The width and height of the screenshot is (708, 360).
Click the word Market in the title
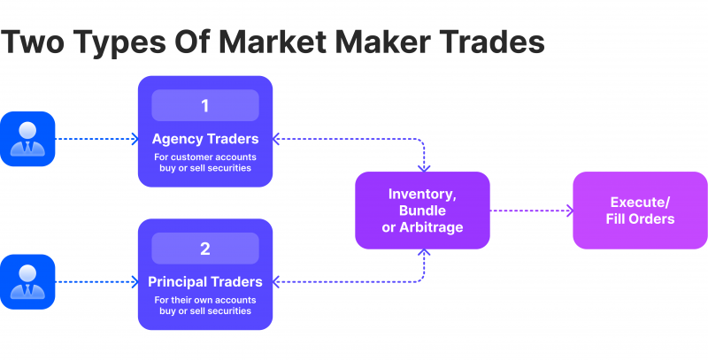click(x=273, y=42)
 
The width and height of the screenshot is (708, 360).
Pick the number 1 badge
click(x=205, y=105)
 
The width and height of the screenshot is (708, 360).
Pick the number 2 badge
click(x=205, y=249)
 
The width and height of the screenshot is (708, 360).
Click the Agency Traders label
click(x=205, y=139)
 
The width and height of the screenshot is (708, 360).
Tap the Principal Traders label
click(x=205, y=282)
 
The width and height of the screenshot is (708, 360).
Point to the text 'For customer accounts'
click(x=205, y=157)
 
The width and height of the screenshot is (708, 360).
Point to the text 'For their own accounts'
click(x=205, y=300)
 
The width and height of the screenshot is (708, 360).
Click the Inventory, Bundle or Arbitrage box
click(x=423, y=211)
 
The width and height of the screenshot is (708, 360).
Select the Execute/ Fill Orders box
click(x=640, y=211)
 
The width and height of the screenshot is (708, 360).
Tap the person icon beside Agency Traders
click(x=27, y=139)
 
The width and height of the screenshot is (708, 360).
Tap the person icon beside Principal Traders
click(x=27, y=282)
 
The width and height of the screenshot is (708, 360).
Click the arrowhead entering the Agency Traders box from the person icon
click(x=135, y=139)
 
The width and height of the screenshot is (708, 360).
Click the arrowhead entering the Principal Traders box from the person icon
click(x=135, y=282)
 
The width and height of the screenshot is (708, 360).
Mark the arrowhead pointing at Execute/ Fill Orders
click(x=570, y=211)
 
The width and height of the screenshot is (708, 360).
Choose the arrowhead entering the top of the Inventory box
click(x=424, y=169)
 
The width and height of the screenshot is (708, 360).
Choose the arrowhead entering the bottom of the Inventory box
click(x=424, y=252)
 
